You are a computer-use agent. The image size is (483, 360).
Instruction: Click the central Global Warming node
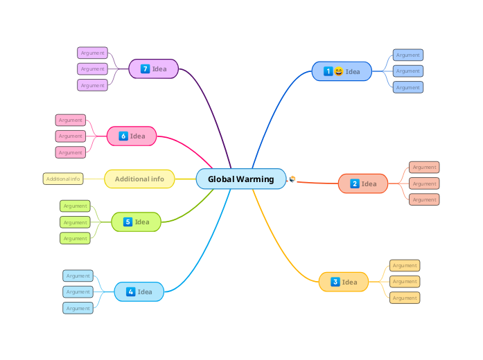click(x=240, y=179)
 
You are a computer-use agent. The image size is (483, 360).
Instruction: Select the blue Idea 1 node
click(x=342, y=71)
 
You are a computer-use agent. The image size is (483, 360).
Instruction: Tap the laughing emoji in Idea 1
click(x=338, y=71)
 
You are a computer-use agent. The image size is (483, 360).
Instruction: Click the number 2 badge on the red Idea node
click(x=354, y=183)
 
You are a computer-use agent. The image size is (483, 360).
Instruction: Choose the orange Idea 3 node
click(x=344, y=282)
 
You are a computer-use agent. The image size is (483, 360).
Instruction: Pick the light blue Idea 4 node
click(x=139, y=291)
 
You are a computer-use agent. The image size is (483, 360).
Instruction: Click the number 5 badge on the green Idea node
click(x=128, y=222)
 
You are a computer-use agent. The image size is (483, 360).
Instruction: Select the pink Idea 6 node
click(x=132, y=136)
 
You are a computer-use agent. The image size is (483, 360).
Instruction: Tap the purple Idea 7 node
click(x=154, y=69)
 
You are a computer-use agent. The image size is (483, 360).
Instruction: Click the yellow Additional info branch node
click(x=139, y=179)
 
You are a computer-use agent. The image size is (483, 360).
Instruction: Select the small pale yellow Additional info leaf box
click(x=63, y=179)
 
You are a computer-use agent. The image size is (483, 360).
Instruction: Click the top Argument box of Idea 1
click(x=408, y=55)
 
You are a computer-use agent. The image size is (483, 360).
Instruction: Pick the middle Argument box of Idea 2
click(x=424, y=183)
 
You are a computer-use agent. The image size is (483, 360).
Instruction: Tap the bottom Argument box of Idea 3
click(x=405, y=298)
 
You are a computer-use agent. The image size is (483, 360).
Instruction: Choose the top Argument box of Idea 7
click(x=92, y=53)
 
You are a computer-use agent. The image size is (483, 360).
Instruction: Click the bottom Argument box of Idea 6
click(x=70, y=152)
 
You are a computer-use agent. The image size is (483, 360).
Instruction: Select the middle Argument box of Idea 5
click(x=75, y=222)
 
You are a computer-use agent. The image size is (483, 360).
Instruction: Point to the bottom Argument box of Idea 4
click(x=78, y=308)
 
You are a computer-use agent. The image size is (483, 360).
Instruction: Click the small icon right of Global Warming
click(x=292, y=179)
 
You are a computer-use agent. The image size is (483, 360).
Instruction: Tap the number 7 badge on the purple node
click(x=145, y=69)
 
